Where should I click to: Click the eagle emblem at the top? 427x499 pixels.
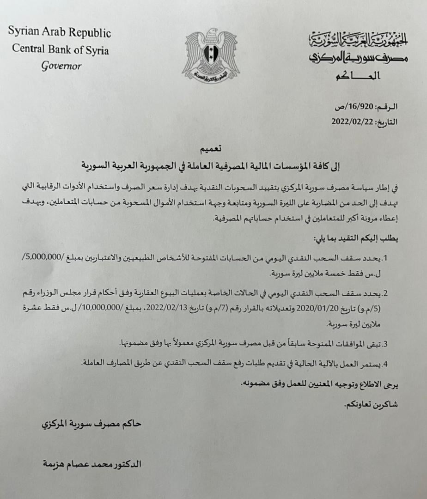point(212,55)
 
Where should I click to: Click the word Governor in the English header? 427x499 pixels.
point(61,66)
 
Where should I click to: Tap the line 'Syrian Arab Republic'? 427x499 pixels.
point(60,33)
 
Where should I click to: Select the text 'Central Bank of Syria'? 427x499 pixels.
point(61,49)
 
